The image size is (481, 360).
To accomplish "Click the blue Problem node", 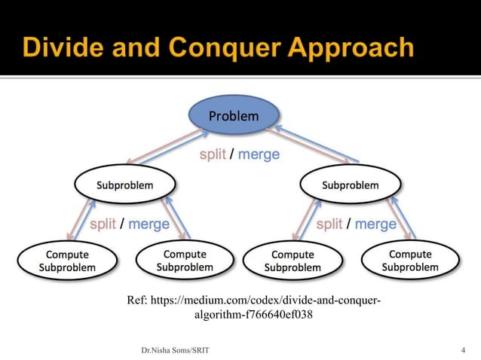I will [233, 117].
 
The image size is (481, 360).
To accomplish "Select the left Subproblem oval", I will [124, 185].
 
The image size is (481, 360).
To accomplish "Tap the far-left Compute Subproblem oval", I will [67, 261].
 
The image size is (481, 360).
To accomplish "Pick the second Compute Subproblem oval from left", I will [185, 261].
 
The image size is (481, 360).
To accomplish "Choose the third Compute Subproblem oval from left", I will [293, 261].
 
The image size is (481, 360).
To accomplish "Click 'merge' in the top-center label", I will [259, 154].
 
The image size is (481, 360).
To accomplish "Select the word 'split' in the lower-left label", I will [103, 224].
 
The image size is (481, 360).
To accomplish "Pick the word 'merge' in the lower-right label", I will [375, 224].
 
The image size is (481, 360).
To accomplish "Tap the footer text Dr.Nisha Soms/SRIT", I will [176, 350].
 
